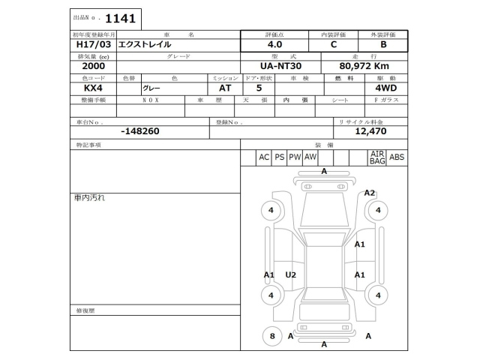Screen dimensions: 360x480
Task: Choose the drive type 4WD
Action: pyautogui.click(x=386, y=88)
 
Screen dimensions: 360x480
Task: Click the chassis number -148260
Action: pyautogui.click(x=139, y=131)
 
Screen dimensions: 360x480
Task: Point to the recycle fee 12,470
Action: pyautogui.click(x=370, y=131)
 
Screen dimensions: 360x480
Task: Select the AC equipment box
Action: pyautogui.click(x=263, y=157)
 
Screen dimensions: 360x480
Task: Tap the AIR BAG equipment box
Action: pyautogui.click(x=376, y=157)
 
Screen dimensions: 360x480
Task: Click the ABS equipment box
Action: pyautogui.click(x=397, y=157)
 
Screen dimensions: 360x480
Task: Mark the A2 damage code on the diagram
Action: pyautogui.click(x=370, y=193)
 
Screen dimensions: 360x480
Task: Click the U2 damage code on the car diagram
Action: pyautogui.click(x=291, y=275)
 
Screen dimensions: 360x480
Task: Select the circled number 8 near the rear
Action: pyautogui.click(x=272, y=336)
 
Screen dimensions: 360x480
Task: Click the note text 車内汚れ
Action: pyautogui.click(x=89, y=198)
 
